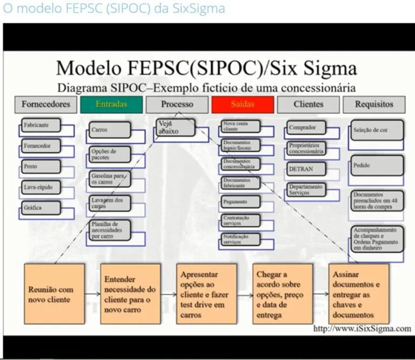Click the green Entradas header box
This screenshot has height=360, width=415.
(x=111, y=104)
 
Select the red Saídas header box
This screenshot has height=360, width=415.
(x=242, y=104)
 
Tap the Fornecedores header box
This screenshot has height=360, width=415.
(x=46, y=104)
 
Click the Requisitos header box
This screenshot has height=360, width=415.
(x=374, y=104)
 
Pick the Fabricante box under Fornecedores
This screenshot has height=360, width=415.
(x=40, y=125)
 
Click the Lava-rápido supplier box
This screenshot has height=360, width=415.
(x=40, y=187)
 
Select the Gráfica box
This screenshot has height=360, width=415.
(x=40, y=208)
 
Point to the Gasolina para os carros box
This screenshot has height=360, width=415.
(x=110, y=179)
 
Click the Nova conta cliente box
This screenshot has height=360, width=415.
(x=240, y=127)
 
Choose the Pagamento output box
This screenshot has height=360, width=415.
(x=240, y=202)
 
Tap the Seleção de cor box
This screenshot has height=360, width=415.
(x=377, y=130)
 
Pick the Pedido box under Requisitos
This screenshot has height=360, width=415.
(x=377, y=165)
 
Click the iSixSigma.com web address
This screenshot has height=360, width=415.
(x=362, y=328)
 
